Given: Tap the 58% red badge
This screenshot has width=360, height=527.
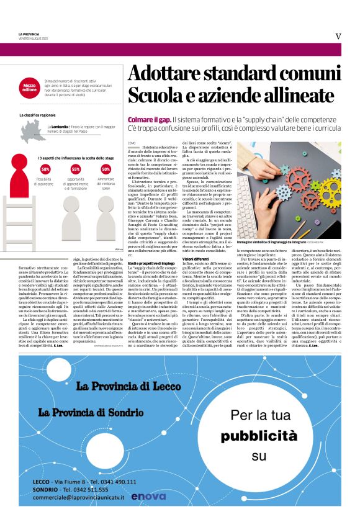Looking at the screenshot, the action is (45, 169).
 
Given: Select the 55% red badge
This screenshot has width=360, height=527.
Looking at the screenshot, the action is (76, 169).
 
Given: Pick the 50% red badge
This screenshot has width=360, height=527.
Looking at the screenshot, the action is (106, 169).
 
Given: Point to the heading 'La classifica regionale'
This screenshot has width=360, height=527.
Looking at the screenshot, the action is (38, 115).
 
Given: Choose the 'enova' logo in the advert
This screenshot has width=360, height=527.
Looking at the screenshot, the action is (148, 496).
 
